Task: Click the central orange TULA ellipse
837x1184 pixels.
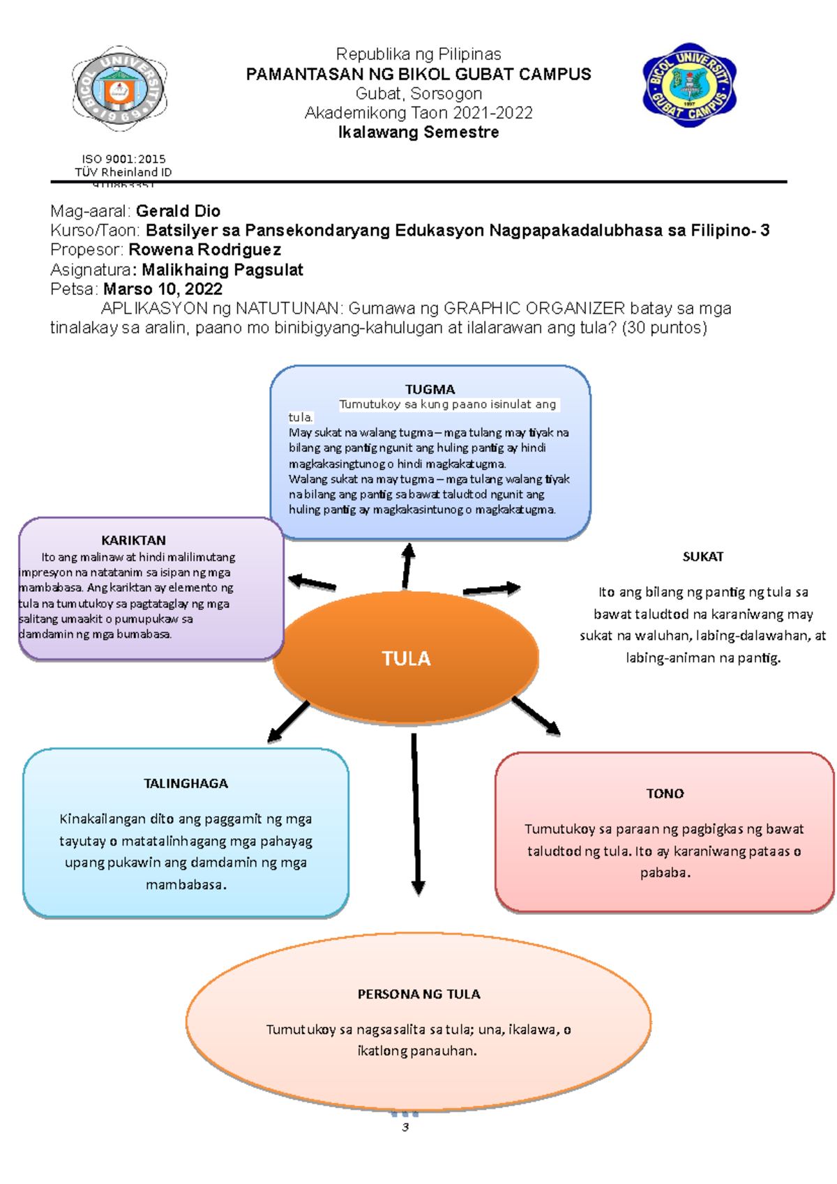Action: point(406,658)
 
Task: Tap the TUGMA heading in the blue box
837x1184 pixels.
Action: point(430,389)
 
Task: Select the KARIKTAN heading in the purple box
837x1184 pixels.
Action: point(133,540)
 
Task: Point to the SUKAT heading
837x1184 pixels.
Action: point(702,556)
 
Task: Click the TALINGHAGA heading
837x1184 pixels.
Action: point(186,783)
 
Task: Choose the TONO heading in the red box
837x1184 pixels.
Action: point(665,794)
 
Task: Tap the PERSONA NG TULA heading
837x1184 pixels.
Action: point(418,994)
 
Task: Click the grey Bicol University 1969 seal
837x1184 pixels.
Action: point(119,89)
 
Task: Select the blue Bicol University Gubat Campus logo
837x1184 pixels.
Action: point(689,85)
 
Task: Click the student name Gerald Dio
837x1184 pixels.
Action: point(178,211)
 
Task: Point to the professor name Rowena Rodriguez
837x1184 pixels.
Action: point(204,250)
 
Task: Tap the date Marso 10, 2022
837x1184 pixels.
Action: point(163,289)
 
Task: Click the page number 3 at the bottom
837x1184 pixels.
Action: point(405,1127)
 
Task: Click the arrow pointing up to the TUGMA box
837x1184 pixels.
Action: point(407,566)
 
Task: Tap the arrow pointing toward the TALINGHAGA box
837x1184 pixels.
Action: point(289,721)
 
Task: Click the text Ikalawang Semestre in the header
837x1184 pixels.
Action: point(418,132)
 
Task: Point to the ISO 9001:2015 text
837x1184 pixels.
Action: point(123,159)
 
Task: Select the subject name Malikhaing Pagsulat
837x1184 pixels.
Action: point(222,270)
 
